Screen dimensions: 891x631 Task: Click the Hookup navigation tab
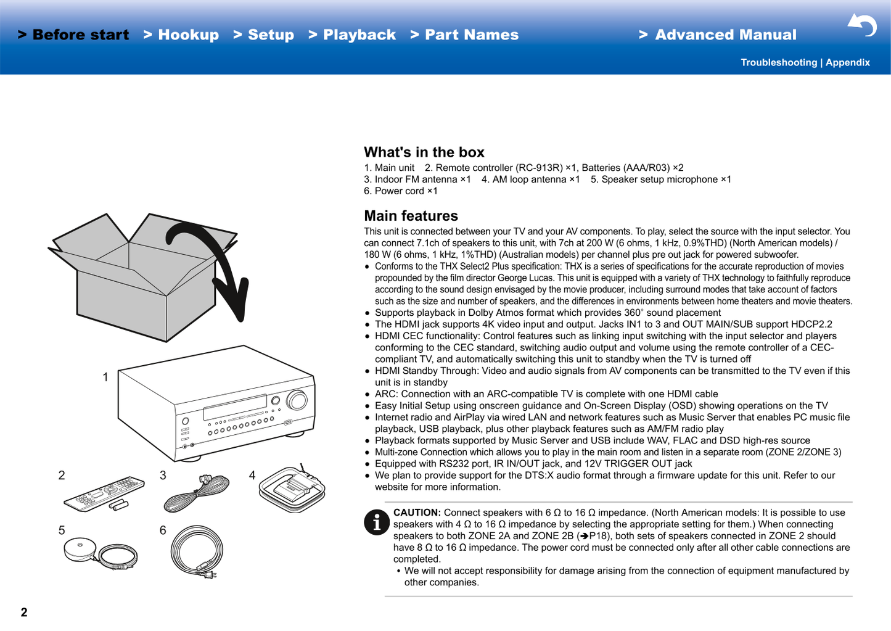[181, 35]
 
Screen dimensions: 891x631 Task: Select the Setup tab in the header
[264, 35]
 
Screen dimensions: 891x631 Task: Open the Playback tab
[352, 35]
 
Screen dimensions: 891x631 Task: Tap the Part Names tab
[464, 35]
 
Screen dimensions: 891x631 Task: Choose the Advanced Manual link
[718, 35]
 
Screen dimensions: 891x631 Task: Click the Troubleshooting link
[778, 62]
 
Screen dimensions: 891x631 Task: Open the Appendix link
[848, 62]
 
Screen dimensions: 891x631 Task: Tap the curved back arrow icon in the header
[862, 25]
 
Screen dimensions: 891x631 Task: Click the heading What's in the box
[424, 152]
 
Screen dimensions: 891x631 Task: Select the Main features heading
[411, 216]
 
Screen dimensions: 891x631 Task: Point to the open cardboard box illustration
[143, 278]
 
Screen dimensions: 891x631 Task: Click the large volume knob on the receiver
[297, 400]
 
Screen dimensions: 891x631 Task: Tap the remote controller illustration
[104, 493]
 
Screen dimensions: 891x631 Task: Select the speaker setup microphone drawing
[101, 553]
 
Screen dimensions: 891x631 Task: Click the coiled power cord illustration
[197, 552]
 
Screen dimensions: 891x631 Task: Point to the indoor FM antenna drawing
[197, 493]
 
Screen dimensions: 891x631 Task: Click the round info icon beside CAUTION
[377, 522]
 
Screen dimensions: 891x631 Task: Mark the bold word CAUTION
[417, 513]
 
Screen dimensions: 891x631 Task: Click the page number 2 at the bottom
[24, 612]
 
